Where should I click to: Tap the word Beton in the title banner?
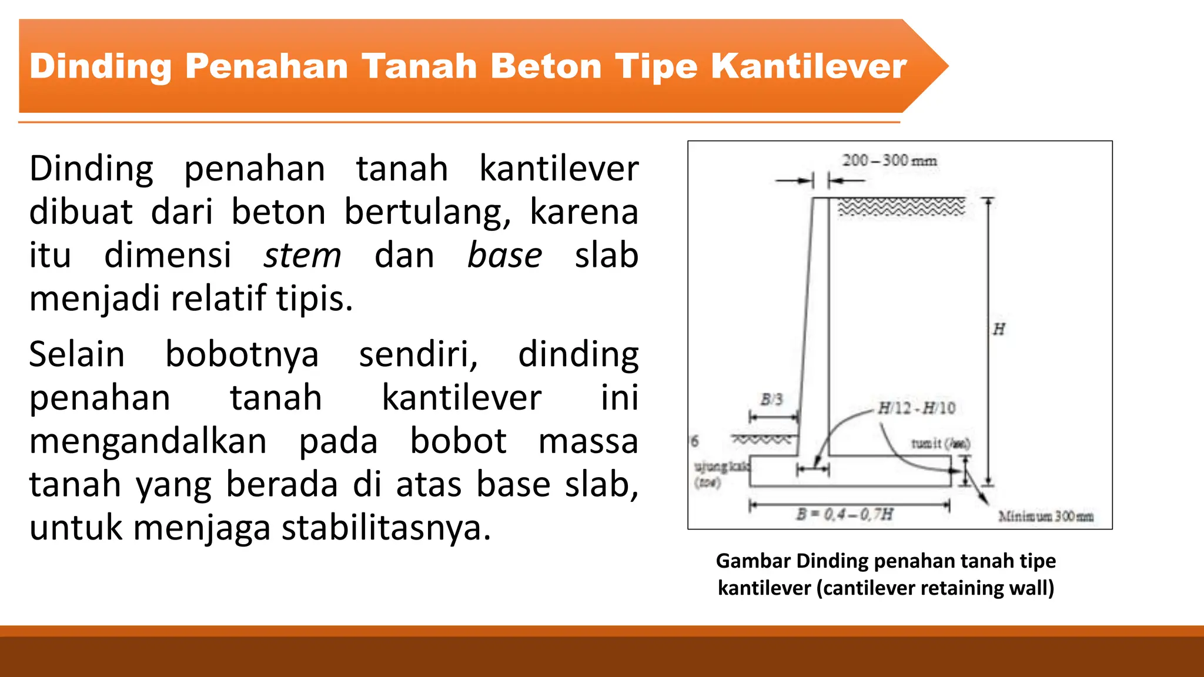coord(546,66)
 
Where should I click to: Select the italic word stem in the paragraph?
coord(302,256)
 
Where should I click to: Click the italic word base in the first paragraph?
coord(504,256)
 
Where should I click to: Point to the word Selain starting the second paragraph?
coord(77,355)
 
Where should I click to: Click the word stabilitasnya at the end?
coord(386,528)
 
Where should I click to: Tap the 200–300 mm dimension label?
coord(889,160)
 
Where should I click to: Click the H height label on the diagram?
coord(999,329)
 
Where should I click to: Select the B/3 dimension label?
coord(772,400)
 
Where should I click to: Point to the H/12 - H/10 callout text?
coord(917,408)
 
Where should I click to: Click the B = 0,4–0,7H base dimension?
coord(845,515)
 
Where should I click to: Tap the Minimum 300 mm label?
coord(1046,517)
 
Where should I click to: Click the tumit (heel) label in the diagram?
coord(940,444)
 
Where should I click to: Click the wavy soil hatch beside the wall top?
coord(901,207)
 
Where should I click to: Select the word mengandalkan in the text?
coord(148,441)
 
